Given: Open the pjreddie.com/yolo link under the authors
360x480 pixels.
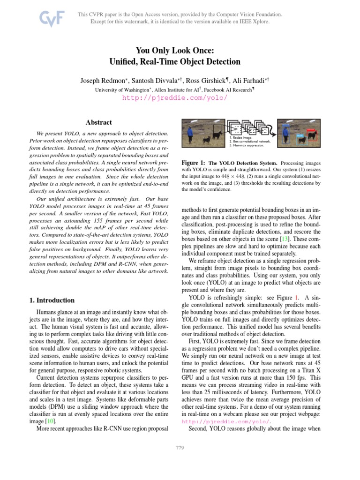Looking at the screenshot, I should click(x=175, y=98).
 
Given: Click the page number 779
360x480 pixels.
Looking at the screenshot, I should click(x=180, y=448).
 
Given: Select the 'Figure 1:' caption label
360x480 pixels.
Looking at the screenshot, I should click(x=193, y=163).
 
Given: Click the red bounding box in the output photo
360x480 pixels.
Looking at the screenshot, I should click(x=312, y=136).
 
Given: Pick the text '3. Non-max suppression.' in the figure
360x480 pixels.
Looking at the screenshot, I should click(x=247, y=145).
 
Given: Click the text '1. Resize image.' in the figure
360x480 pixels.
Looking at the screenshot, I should click(x=242, y=138).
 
